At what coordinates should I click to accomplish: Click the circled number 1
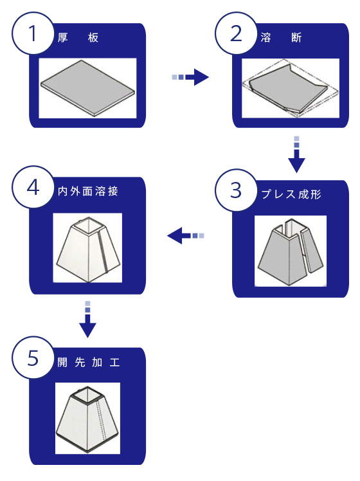point(33,33)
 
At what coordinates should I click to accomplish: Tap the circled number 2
point(236,33)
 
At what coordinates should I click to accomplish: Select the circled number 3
point(236,190)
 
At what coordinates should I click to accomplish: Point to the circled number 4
point(33,187)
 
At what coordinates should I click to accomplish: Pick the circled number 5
point(33,358)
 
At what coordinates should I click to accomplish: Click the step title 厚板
point(78,38)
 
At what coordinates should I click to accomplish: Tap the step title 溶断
point(281,38)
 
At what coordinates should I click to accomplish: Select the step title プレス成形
point(291,194)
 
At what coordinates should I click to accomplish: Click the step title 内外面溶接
point(87,191)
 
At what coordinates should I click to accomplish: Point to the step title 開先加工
point(88,362)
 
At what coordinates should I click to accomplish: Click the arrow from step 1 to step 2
point(190,77)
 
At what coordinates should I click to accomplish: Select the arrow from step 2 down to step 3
point(296,154)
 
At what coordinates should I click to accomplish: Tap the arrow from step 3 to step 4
point(186,235)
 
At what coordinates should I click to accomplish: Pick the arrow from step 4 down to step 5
point(87,320)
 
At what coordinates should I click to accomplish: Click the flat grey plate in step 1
point(87,87)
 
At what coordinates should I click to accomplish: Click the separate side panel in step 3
point(312,251)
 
